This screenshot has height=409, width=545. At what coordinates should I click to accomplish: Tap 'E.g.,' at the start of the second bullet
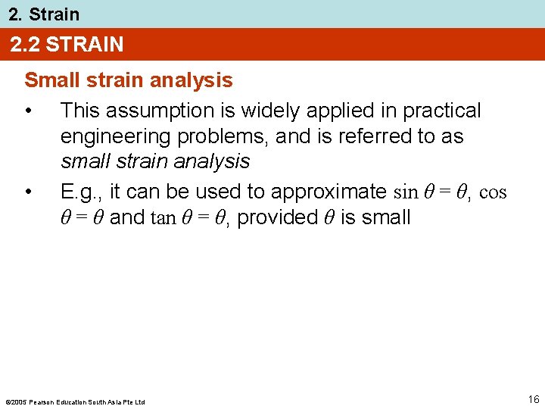[82, 191]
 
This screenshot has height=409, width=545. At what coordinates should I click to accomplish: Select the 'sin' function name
[404, 192]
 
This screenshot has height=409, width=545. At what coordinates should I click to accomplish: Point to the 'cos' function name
[493, 192]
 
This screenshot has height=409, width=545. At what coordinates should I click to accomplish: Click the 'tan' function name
[163, 218]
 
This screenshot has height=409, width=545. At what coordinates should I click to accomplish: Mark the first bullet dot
[28, 111]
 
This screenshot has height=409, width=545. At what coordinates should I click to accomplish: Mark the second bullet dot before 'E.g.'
[28, 192]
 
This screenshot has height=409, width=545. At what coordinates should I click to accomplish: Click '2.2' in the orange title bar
[25, 45]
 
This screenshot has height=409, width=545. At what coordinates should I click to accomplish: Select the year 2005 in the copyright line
[18, 401]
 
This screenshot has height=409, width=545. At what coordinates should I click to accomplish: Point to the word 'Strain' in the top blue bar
[54, 14]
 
